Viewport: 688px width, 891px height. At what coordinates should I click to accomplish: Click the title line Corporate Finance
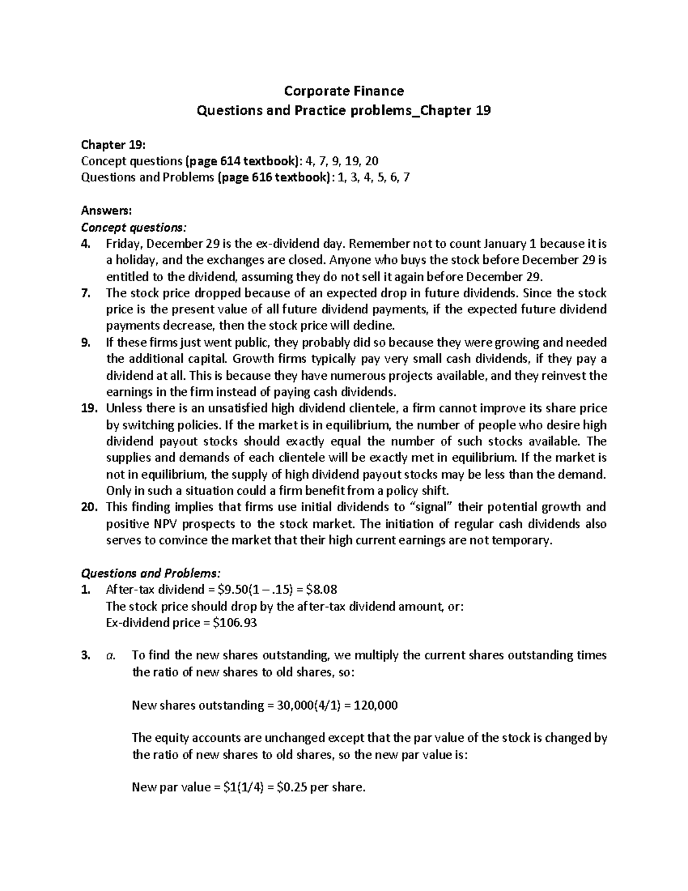(x=344, y=91)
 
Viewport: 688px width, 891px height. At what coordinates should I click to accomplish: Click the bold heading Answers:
(x=102, y=211)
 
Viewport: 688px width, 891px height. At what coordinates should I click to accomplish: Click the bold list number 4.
(x=85, y=244)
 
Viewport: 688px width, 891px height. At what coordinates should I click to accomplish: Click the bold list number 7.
(x=85, y=293)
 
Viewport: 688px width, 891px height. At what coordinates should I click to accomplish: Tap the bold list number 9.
(x=85, y=343)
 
